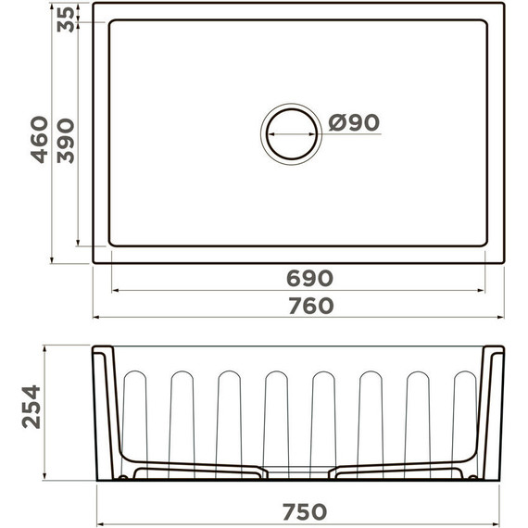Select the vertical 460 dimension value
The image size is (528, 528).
[x=40, y=139]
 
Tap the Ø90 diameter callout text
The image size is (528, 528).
[x=354, y=122]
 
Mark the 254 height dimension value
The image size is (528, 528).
[x=31, y=406]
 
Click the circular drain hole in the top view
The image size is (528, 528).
[x=291, y=133]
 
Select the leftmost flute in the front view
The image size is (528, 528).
[x=135, y=417]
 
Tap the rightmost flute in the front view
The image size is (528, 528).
[x=464, y=417]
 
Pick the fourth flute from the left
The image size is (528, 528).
[x=276, y=417]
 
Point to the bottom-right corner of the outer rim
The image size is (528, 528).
[x=503, y=262]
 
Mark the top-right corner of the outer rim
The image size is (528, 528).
[x=503, y=5]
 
